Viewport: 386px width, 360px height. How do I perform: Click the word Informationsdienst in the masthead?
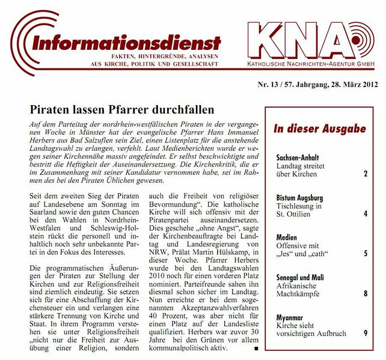[x=127, y=43]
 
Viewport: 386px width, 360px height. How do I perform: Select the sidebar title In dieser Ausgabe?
[x=319, y=129]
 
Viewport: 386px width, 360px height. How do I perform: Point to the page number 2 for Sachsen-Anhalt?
[x=365, y=174]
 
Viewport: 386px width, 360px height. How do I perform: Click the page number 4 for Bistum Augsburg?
[x=365, y=213]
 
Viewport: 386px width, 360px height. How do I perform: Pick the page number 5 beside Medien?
[x=365, y=254]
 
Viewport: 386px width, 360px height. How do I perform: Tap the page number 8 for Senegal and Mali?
[x=365, y=293]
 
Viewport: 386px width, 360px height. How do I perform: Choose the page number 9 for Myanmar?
[x=365, y=333]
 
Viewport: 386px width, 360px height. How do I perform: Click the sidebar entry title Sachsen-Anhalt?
[x=298, y=157]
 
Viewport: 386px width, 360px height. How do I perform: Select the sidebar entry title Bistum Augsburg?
[x=299, y=197]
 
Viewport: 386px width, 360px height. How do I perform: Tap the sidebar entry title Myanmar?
[x=292, y=317]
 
